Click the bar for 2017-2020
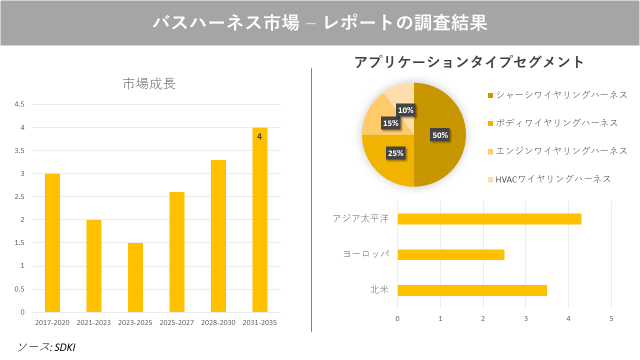click(52, 243)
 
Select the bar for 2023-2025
click(135, 277)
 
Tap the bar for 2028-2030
click(218, 236)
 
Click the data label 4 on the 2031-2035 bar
click(259, 136)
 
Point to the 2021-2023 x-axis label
click(94, 322)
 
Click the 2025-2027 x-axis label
click(177, 322)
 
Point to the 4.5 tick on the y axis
click(19, 104)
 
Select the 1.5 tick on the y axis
click(19, 243)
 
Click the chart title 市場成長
click(149, 84)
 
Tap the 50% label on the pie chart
click(440, 135)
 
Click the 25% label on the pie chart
click(395, 153)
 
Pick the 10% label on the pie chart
click(405, 110)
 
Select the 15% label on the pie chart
click(390, 123)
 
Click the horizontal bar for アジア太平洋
click(489, 219)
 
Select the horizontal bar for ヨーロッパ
click(451, 254)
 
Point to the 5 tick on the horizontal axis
click(611, 318)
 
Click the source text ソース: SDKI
click(47, 347)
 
